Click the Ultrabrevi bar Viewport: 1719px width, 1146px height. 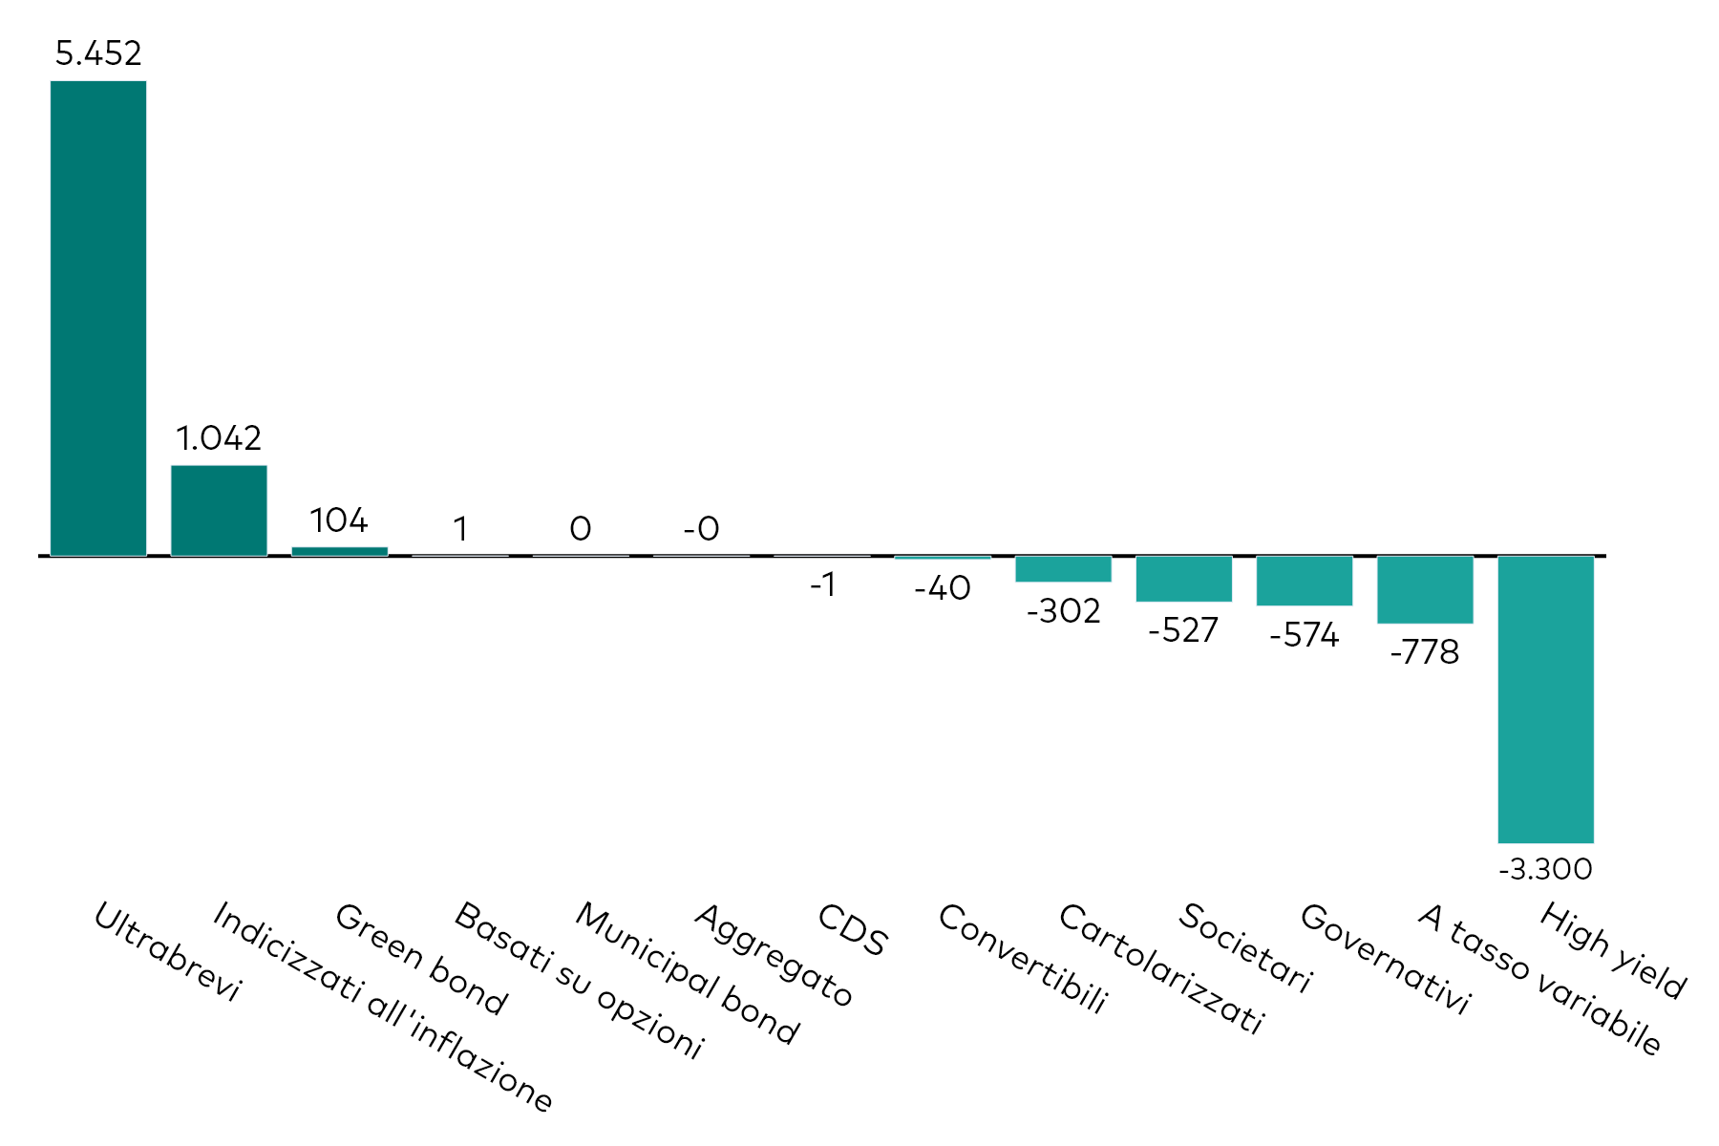click(x=98, y=318)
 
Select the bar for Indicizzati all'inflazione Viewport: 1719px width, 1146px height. click(x=219, y=510)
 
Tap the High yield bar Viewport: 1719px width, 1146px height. click(x=1545, y=699)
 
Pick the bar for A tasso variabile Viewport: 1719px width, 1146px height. click(x=1425, y=589)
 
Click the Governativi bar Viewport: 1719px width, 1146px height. click(x=1305, y=581)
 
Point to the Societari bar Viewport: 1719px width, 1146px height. click(x=1183, y=579)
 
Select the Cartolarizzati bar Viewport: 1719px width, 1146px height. click(x=1063, y=568)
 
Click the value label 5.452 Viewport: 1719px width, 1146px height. click(x=98, y=53)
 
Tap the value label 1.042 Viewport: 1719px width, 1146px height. click(x=219, y=438)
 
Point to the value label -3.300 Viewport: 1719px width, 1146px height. click(x=1545, y=869)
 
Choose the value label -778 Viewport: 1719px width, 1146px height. click(x=1425, y=652)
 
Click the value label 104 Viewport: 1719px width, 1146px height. click(x=339, y=520)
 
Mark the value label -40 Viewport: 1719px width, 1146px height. click(x=943, y=588)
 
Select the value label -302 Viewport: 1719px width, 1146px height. click(x=1063, y=611)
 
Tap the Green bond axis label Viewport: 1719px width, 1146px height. click(x=420, y=959)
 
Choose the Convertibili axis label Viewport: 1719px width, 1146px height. click(x=1023, y=958)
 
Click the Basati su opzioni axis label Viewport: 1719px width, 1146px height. click(x=579, y=980)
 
